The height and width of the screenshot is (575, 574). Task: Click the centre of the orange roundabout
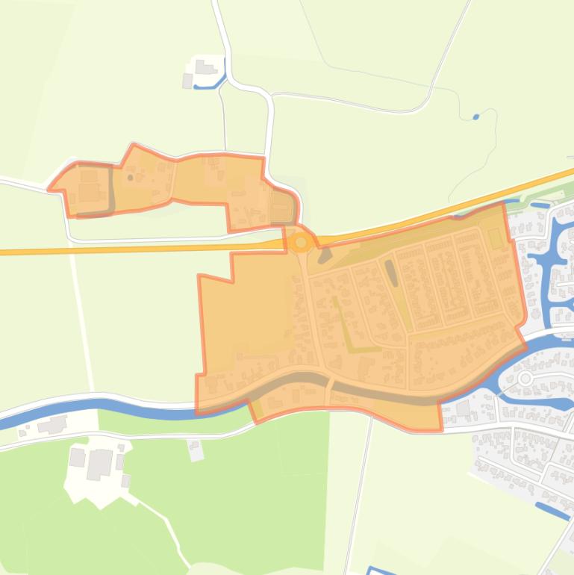(x=301, y=242)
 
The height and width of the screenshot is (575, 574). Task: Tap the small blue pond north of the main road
(x=476, y=116)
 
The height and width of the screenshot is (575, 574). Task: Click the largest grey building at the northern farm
(x=204, y=67)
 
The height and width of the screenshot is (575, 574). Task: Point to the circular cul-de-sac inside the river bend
(x=525, y=379)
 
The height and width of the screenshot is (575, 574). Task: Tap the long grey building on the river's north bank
(x=52, y=426)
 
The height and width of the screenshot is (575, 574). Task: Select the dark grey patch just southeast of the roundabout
(x=325, y=255)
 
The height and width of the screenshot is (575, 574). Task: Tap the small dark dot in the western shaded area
(x=131, y=178)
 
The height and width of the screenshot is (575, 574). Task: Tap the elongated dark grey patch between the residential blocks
(x=391, y=273)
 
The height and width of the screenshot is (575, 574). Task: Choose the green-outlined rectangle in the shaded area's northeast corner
(x=495, y=239)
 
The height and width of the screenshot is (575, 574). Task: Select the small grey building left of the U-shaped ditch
(x=187, y=81)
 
